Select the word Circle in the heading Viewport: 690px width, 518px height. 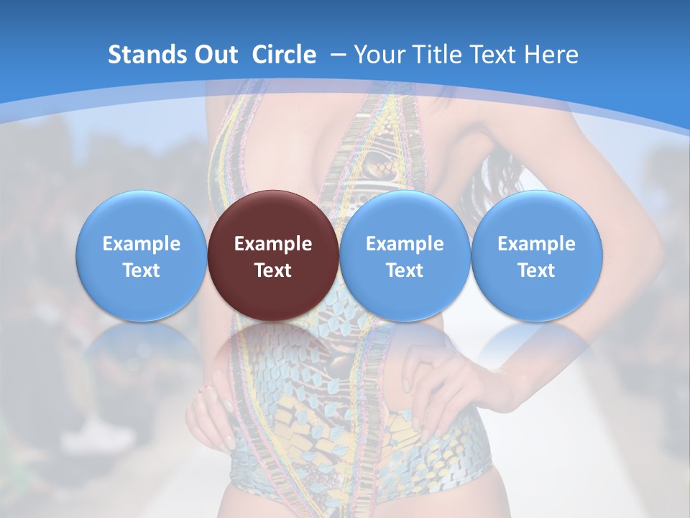click(x=284, y=55)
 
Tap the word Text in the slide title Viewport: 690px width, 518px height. click(x=499, y=55)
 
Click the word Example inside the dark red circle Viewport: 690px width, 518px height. click(x=273, y=244)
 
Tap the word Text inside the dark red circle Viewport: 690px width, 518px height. click(x=273, y=271)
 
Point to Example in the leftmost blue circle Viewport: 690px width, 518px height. click(x=142, y=244)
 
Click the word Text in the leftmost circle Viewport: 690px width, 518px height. click(x=142, y=271)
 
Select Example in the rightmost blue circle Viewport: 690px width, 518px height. click(x=536, y=244)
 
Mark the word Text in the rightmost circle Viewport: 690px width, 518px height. click(x=536, y=271)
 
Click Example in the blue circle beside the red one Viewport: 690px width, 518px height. click(x=405, y=244)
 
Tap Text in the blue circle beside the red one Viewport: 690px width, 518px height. click(x=405, y=271)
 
